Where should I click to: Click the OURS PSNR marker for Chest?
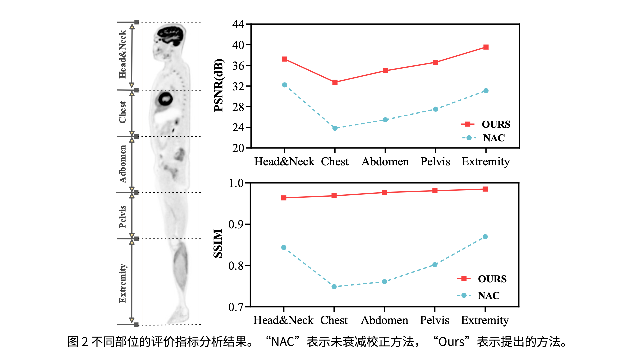(335, 82)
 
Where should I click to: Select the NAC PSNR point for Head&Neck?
(284, 85)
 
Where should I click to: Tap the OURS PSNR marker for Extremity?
(486, 47)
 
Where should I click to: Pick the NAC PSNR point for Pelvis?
(436, 109)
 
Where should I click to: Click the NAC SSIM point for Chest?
(334, 287)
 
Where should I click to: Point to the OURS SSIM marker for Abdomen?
(384, 192)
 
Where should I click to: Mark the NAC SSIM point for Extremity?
(485, 237)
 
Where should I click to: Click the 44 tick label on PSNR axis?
(238, 24)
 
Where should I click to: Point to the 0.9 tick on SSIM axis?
(236, 224)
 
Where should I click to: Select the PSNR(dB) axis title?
(219, 85)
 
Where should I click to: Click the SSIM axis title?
(218, 243)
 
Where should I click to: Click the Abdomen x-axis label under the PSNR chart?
(385, 162)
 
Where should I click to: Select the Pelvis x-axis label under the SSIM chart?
(434, 320)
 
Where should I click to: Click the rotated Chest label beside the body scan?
(123, 112)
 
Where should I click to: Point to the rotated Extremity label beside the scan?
(123, 283)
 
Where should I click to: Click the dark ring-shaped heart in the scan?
(165, 99)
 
